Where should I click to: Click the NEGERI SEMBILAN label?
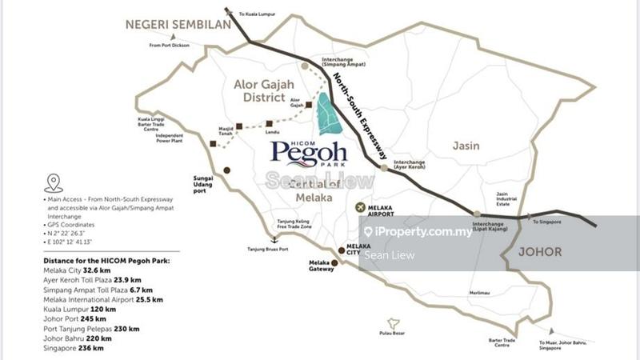pos(174,24)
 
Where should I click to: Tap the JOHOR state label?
pos(540,251)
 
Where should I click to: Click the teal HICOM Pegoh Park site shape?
pos(326,114)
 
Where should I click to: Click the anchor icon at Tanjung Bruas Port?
pos(274,239)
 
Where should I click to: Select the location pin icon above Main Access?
pos(54,183)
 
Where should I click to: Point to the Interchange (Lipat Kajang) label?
pos(489,227)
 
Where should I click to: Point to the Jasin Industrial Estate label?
pos(502,200)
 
